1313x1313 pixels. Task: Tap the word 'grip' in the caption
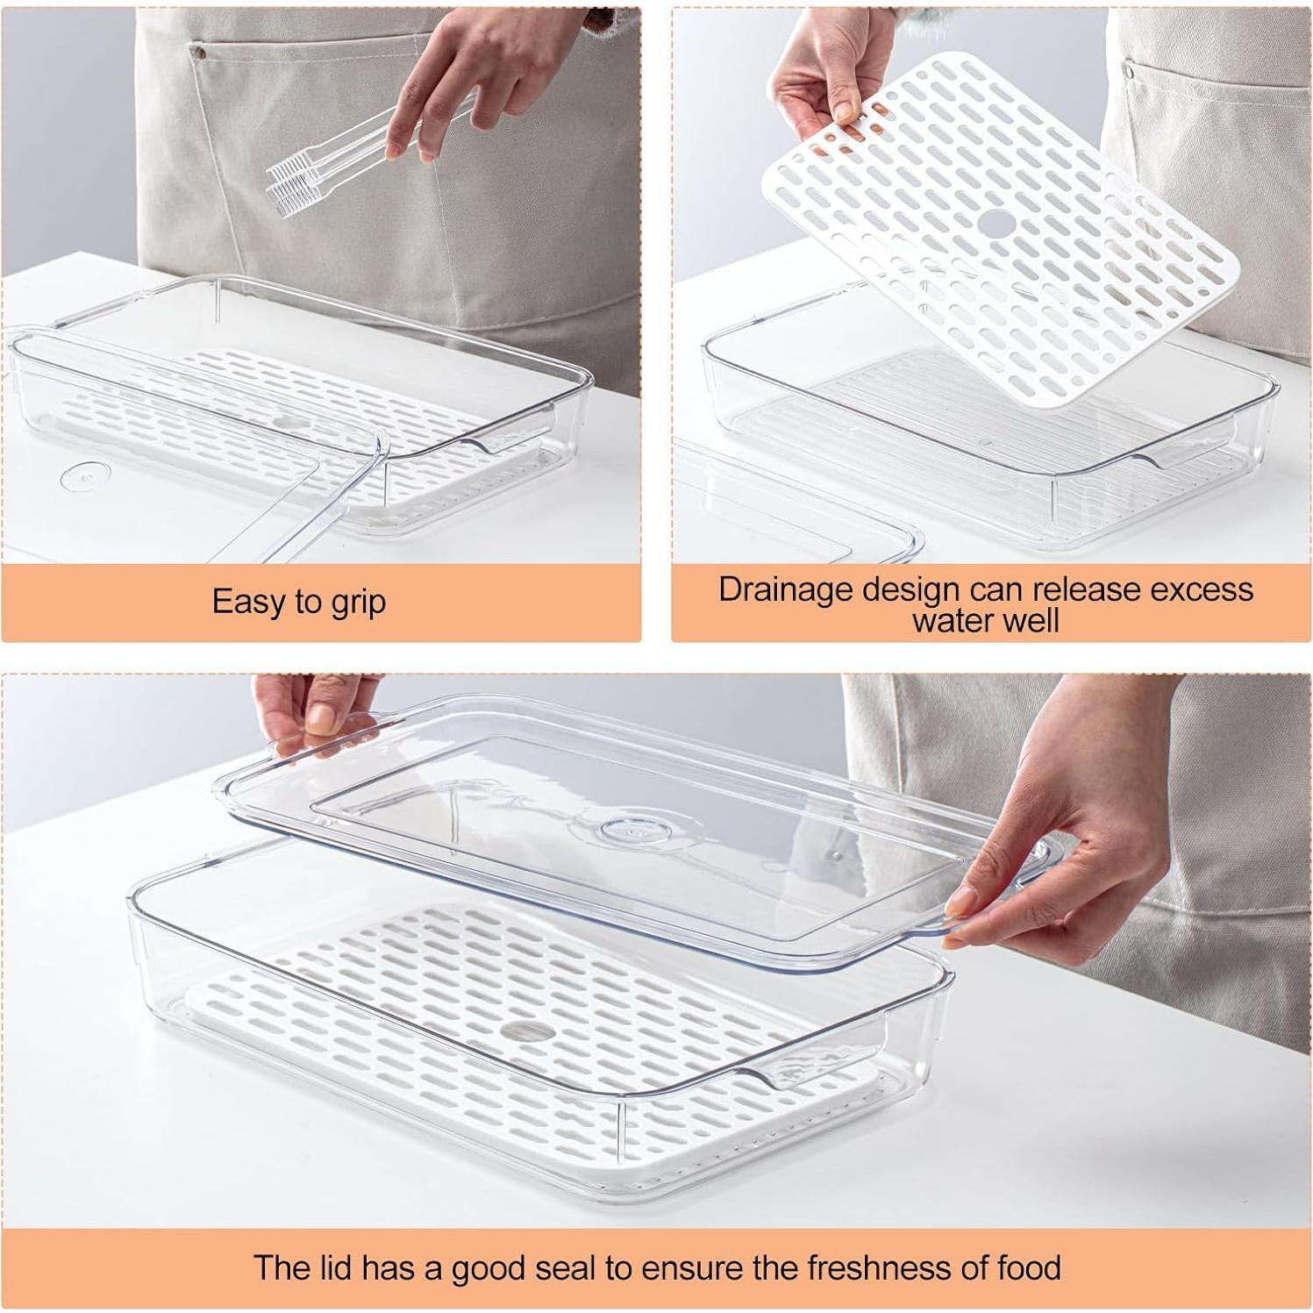tap(358, 603)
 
